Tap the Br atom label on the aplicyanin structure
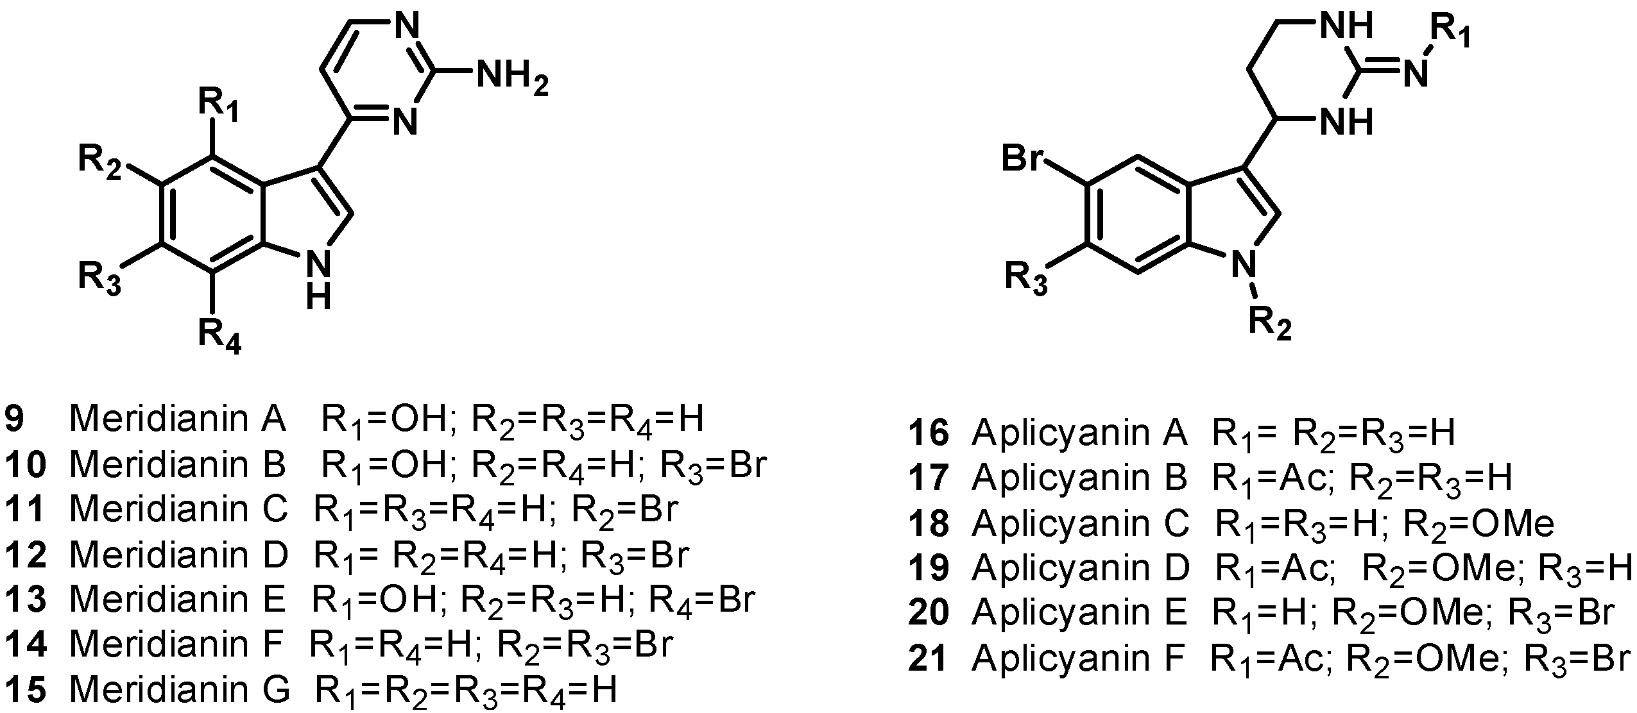point(1023,156)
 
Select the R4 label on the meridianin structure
point(219,335)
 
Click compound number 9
point(15,419)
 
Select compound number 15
point(26,689)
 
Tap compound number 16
point(929,433)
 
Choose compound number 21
point(929,658)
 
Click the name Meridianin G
point(180,689)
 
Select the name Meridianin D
point(180,555)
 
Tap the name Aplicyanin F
point(1077,658)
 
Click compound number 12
point(26,555)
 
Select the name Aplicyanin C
point(1081,523)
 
